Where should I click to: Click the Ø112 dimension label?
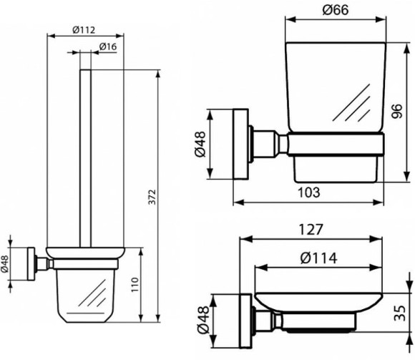[x=84, y=29]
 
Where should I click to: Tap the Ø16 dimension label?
[x=108, y=47]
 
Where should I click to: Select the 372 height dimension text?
[x=152, y=197]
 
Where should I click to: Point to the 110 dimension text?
[x=135, y=285]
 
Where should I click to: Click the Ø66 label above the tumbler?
[x=336, y=10]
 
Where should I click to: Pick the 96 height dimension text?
[x=396, y=111]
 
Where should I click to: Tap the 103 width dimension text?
[x=309, y=192]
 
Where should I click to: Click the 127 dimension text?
[x=311, y=229]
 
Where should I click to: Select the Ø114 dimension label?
[x=319, y=258]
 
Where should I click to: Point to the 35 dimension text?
[x=400, y=313]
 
